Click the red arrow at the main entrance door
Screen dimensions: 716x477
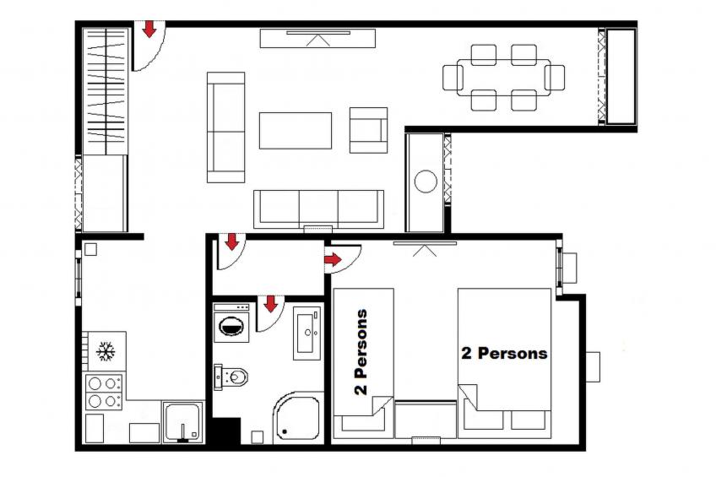149,29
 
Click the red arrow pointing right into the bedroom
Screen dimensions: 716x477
333,260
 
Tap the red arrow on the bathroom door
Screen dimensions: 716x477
271,304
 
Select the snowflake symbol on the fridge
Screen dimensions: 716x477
106,351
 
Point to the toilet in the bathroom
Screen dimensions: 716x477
231,377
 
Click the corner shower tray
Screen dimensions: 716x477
297,417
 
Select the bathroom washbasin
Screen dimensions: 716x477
306,333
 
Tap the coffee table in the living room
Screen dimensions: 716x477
296,131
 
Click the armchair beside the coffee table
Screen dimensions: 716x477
368,130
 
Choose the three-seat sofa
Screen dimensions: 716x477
318,209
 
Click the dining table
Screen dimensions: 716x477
504,77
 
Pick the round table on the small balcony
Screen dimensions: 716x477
426,182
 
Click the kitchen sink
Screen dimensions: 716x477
182,421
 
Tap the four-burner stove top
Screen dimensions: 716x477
104,392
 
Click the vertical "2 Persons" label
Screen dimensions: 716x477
361,352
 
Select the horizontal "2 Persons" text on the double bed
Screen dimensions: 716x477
504,353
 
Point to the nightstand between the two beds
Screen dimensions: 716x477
426,419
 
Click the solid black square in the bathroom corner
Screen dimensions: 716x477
226,431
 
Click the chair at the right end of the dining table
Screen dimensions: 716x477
556,77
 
